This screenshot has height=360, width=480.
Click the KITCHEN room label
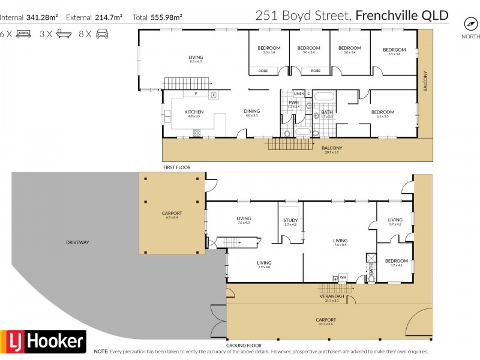(194, 112)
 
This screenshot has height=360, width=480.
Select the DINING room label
(251, 111)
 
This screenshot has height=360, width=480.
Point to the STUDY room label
(290, 220)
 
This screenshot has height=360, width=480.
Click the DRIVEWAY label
(79, 242)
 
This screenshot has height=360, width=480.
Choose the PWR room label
(293, 103)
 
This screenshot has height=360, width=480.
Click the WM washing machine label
(343, 277)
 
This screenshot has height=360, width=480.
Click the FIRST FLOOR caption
(176, 167)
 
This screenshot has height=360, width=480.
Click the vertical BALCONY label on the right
(425, 82)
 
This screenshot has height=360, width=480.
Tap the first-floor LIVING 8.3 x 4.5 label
(196, 58)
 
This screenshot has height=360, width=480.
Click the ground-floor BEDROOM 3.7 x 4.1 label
(396, 261)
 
